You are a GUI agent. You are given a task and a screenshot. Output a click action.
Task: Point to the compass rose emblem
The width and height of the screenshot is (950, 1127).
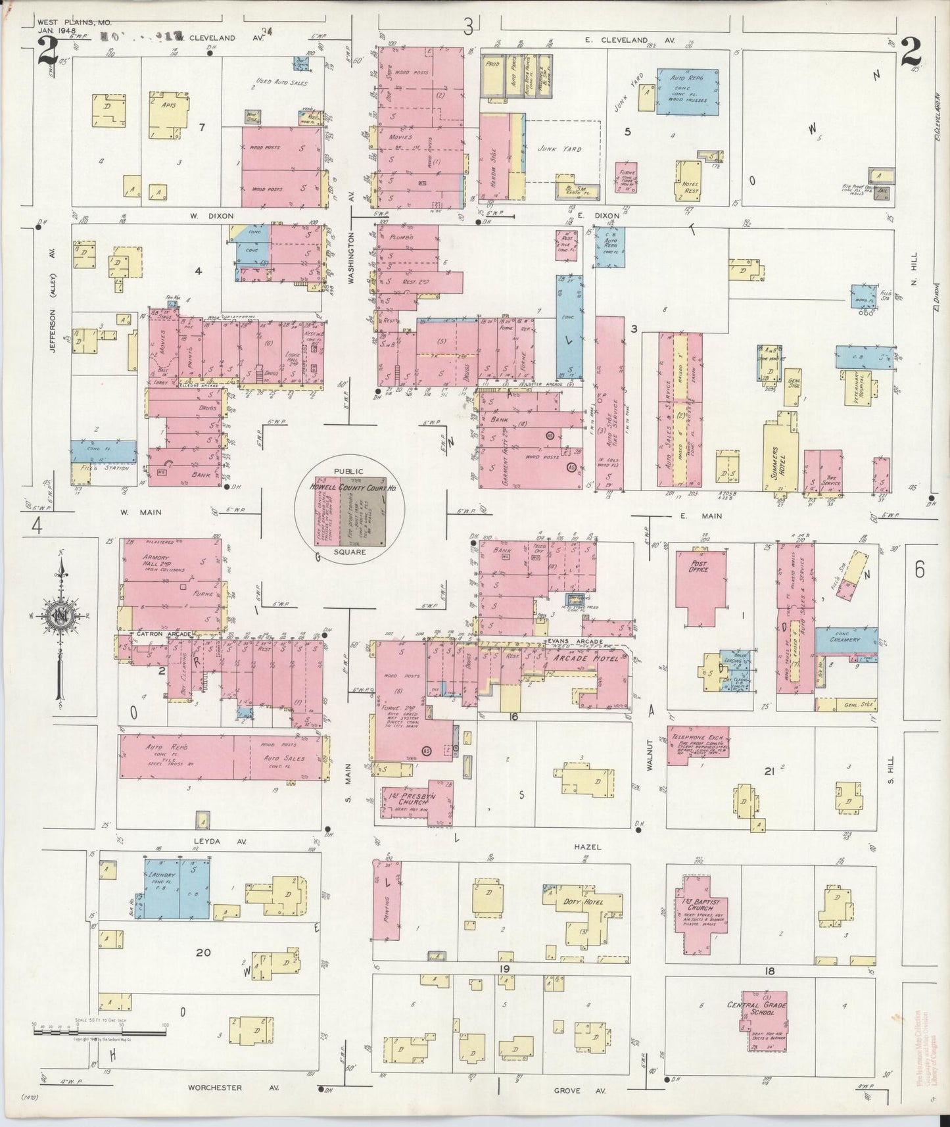coord(59,615)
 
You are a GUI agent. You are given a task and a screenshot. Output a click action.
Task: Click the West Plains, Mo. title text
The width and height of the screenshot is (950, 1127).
coord(64,22)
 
